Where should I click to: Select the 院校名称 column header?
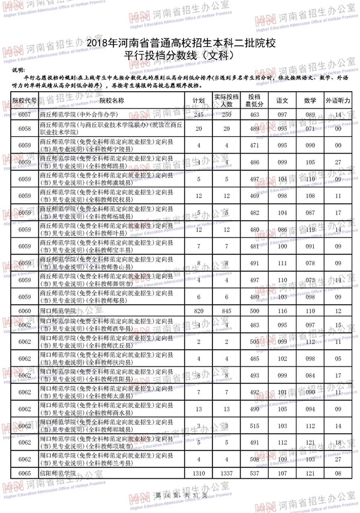[111, 101]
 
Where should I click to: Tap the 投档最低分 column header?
[254, 101]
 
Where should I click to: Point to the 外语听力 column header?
[338, 101]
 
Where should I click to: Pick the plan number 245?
[199, 115]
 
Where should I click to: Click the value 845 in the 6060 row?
[227, 311]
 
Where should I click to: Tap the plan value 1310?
[199, 473]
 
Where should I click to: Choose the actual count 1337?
[227, 473]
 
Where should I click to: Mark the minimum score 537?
[254, 473]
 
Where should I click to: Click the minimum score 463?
[254, 115]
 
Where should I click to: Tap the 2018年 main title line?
[180, 43]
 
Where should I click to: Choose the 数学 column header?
[310, 101]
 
